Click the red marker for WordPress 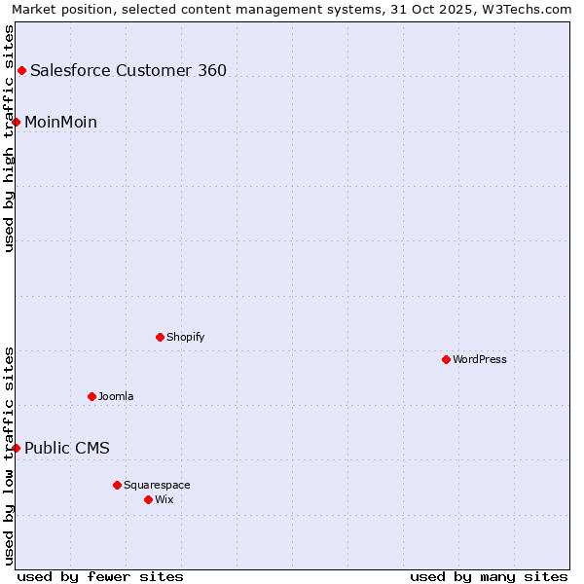(446, 359)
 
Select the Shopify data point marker (160, 337)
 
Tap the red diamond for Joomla (91, 396)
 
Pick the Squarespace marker (117, 485)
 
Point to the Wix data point (148, 499)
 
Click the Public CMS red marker (16, 448)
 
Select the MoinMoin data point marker (16, 122)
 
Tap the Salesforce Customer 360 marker (21, 70)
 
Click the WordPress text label (480, 359)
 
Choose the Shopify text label (186, 337)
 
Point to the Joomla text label (116, 396)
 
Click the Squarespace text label (157, 485)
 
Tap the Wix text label (164, 499)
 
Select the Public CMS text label (67, 448)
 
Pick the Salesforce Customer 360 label (128, 70)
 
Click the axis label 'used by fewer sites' (100, 576)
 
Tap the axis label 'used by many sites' (489, 576)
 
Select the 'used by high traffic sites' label (9, 138)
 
